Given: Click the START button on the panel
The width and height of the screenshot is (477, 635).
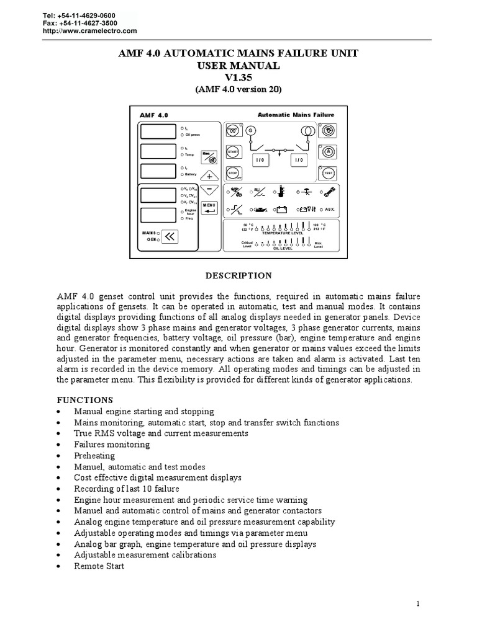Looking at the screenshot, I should click(x=233, y=152).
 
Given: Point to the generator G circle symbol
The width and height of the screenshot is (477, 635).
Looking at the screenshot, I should click(x=251, y=130).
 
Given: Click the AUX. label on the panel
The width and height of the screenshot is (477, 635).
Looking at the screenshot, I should click(x=329, y=209).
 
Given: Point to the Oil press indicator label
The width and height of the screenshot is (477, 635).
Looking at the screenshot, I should click(x=191, y=134).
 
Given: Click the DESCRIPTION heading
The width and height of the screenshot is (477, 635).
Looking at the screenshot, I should click(x=238, y=275).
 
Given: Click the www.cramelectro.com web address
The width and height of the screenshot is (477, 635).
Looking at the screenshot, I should click(x=89, y=30).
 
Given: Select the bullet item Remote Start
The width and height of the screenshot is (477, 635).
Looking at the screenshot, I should click(x=99, y=566).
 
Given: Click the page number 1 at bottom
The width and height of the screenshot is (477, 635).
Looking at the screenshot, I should click(x=419, y=603).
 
